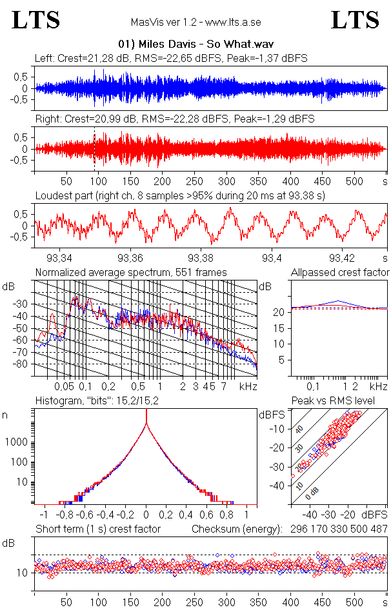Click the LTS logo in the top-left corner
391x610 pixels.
(x=36, y=21)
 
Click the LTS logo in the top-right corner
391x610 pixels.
(x=355, y=21)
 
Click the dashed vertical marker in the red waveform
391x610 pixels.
(x=95, y=148)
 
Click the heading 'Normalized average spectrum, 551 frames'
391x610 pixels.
(x=131, y=273)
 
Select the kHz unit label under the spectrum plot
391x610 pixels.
(x=248, y=386)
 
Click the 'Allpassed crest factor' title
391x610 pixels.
(x=340, y=273)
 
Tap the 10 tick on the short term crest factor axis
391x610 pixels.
(x=21, y=572)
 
